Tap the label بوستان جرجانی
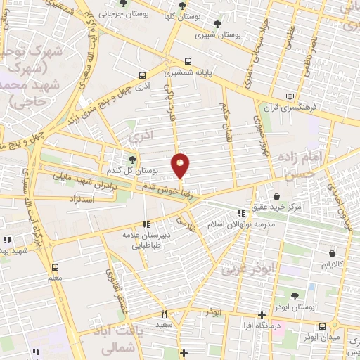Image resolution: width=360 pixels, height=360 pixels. coord(116,13)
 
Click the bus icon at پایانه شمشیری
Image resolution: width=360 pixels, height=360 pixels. coord(187,61)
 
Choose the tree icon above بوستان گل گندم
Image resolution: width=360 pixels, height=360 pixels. coord(133,160)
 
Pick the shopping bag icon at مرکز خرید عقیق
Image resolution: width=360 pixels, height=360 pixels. coord(277,196)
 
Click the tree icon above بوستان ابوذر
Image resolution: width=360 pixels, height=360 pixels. coord(294,296)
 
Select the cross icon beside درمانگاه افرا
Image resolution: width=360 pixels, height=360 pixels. coord(262,315)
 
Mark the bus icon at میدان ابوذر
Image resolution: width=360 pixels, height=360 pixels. coord(322,326)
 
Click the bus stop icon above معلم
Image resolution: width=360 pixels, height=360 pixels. coord(55,267)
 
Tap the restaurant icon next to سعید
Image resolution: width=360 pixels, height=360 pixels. coord(164,314)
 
